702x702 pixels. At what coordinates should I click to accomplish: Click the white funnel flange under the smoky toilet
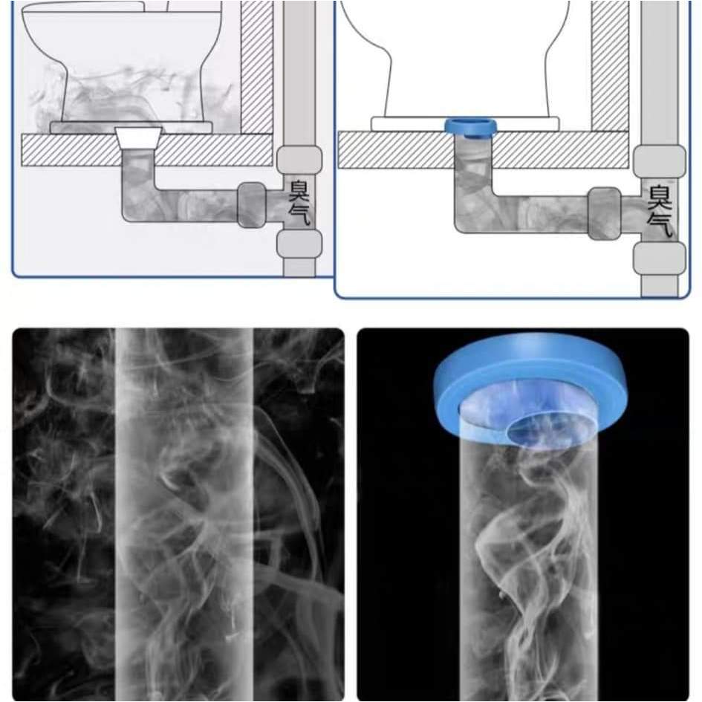click(x=139, y=138)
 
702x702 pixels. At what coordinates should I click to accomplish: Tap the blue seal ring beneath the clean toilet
click(x=470, y=127)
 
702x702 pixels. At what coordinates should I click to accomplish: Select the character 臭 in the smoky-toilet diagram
click(x=299, y=191)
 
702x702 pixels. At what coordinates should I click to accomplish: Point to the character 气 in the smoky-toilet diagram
click(x=299, y=214)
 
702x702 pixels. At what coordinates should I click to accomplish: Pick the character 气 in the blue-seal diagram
click(x=660, y=224)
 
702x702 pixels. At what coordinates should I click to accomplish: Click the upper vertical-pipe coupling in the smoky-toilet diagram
click(x=299, y=160)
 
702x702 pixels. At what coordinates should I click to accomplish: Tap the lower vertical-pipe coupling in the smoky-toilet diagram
click(x=299, y=244)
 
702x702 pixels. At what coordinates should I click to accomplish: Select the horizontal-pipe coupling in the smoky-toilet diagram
click(x=252, y=204)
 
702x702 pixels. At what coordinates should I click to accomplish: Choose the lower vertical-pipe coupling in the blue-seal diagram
click(x=660, y=259)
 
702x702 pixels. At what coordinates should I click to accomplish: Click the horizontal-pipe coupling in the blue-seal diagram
click(x=605, y=213)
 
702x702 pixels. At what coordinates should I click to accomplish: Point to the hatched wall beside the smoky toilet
click(x=256, y=67)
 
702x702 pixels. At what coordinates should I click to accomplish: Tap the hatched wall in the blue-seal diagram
click(x=609, y=66)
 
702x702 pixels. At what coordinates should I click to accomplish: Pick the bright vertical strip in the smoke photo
click(x=184, y=514)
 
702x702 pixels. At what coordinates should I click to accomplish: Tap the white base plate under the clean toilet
click(x=465, y=124)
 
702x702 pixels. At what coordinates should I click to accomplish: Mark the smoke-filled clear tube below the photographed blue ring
click(x=528, y=568)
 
